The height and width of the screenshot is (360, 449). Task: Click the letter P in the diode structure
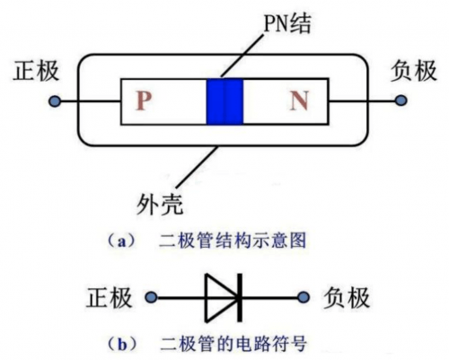click(145, 101)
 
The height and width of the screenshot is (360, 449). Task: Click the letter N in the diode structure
click(299, 101)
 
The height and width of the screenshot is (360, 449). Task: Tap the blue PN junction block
click(224, 101)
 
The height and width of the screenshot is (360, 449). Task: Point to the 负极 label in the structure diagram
click(413, 74)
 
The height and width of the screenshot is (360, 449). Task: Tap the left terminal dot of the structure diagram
click(55, 101)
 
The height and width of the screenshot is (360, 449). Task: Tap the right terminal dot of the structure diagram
click(399, 101)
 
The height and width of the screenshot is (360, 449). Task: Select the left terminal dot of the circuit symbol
click(158, 296)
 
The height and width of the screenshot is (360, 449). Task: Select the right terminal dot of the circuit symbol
click(302, 296)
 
